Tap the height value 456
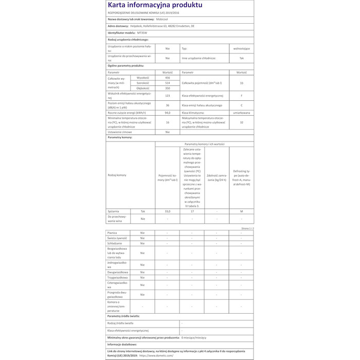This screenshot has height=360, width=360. (x=167, y=77)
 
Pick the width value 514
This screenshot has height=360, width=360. (x=167, y=83)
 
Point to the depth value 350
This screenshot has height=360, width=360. (x=167, y=88)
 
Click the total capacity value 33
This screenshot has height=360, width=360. (x=241, y=83)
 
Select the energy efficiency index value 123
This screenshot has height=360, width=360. (x=167, y=96)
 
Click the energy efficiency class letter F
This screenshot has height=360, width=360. (x=241, y=96)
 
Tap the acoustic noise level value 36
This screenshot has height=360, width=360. (x=167, y=104)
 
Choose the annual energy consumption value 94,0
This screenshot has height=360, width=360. (x=167, y=112)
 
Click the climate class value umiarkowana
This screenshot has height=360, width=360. (x=241, y=112)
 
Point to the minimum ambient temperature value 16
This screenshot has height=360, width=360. (x=167, y=122)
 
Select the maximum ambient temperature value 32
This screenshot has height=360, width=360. (x=241, y=122)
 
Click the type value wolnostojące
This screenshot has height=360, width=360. (x=241, y=48)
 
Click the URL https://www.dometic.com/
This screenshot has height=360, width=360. (x=156, y=355)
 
